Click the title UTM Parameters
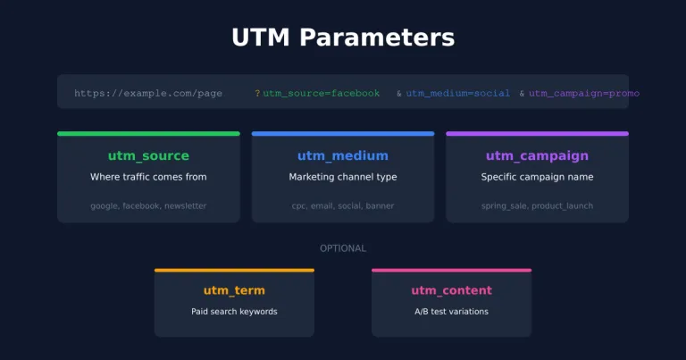(x=343, y=38)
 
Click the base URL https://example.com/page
(x=148, y=93)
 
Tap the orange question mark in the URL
(x=257, y=93)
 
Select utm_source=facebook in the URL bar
(x=322, y=93)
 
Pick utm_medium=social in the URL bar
(x=458, y=93)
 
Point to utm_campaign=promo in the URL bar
(x=584, y=93)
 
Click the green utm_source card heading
(x=148, y=156)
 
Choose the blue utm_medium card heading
(x=343, y=156)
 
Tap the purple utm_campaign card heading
(x=537, y=156)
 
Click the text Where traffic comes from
(x=148, y=177)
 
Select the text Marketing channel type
(x=343, y=177)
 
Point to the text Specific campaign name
(x=537, y=177)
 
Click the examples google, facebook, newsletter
(x=148, y=205)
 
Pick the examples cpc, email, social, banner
(x=343, y=205)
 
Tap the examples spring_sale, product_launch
(x=537, y=205)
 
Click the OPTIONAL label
(x=343, y=248)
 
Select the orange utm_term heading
(x=234, y=290)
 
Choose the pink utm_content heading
(x=451, y=290)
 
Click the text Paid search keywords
(x=234, y=312)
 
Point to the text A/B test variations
(x=451, y=312)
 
